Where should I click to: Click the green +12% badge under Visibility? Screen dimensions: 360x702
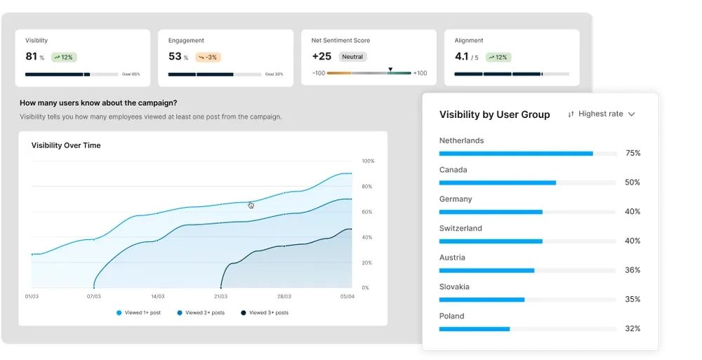pos(65,57)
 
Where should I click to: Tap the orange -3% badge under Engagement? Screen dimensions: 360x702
pos(208,57)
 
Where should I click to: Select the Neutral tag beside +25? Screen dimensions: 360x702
pos(352,57)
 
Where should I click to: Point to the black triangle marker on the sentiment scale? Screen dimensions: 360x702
pos(390,69)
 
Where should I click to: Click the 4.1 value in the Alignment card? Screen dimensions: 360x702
pos(461,56)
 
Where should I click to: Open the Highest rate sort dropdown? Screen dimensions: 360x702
pos(602,114)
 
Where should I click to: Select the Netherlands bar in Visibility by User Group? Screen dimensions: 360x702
pos(516,153)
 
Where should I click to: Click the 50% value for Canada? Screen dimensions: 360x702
pos(632,182)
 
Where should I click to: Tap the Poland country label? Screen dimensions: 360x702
pos(451,316)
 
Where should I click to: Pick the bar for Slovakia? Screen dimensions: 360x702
pos(482,300)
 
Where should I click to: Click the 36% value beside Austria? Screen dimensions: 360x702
pos(632,270)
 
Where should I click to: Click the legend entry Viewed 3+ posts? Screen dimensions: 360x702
pos(265,312)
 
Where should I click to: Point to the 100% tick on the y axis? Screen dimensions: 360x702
pos(368,161)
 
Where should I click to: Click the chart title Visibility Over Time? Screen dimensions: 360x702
pos(66,145)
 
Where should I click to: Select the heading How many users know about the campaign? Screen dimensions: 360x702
pos(98,102)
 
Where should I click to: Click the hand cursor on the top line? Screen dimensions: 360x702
pos(251,205)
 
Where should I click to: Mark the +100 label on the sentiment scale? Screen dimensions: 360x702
pos(420,73)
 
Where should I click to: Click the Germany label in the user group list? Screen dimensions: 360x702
pos(456,199)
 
